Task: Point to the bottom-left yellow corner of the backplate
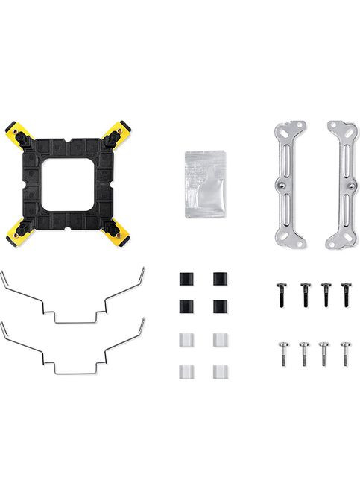(x=16, y=232)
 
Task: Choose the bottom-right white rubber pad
(x=219, y=370)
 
